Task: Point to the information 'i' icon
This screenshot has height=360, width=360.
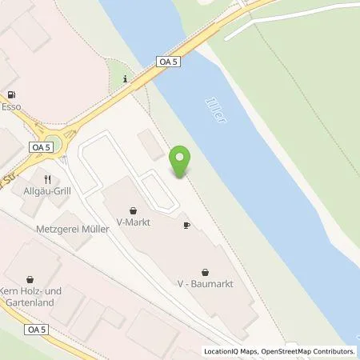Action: click(126, 78)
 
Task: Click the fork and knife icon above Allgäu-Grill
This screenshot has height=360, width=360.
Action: click(49, 180)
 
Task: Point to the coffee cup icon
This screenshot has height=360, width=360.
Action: click(186, 226)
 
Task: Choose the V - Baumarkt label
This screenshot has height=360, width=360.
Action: click(206, 284)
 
